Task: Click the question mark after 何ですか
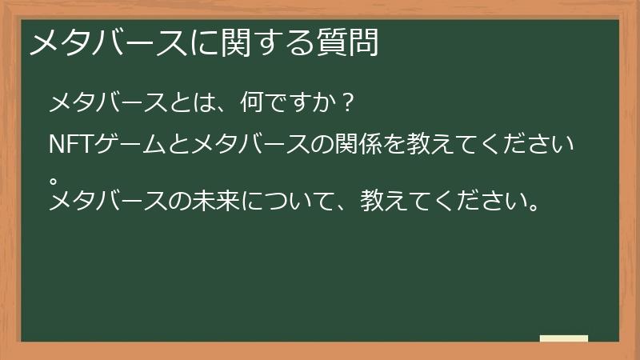[x=346, y=104]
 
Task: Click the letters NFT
[x=73, y=146]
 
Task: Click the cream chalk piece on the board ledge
[x=564, y=338]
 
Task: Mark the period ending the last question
[x=533, y=203]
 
